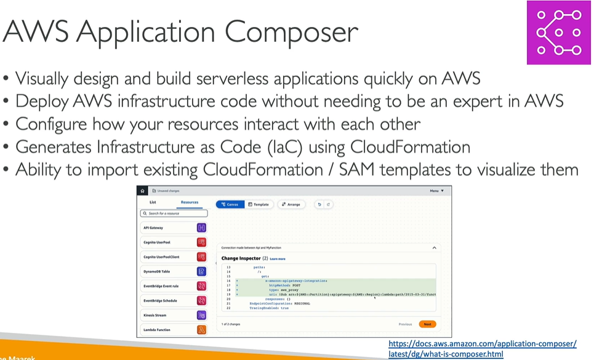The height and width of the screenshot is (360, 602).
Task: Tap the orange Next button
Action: click(x=427, y=324)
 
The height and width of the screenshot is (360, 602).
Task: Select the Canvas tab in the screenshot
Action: click(x=230, y=204)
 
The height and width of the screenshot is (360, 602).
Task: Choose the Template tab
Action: click(x=259, y=204)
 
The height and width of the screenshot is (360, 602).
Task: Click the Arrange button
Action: click(x=291, y=204)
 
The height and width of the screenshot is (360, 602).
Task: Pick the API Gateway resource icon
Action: click(x=201, y=227)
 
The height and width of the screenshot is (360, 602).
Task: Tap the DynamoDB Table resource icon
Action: click(x=201, y=271)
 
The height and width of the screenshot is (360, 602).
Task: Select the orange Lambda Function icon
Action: click(x=201, y=330)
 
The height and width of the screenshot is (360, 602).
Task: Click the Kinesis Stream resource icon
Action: click(x=201, y=315)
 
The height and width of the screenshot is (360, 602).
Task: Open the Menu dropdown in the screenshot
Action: click(x=436, y=191)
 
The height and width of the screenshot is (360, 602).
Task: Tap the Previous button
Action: click(x=405, y=324)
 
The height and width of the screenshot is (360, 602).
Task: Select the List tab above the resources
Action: click(x=153, y=202)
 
